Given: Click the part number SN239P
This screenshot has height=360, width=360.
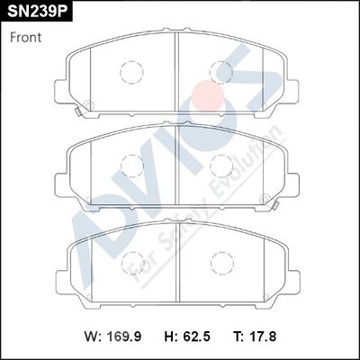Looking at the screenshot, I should pos(37,12).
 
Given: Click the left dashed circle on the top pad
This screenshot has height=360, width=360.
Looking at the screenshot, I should pos(131,71).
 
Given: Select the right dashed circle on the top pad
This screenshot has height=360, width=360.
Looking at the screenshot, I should pos(220,71).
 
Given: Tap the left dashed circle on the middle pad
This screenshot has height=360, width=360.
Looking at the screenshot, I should pos(131,163).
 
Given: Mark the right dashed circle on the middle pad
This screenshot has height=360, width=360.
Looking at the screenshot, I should pos(220,163).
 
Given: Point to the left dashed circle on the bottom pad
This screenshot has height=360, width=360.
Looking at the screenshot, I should pos(131,260).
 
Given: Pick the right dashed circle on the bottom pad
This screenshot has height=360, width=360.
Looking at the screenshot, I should pos(220,260).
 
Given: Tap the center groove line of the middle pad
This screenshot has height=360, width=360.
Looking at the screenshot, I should pos(176,162).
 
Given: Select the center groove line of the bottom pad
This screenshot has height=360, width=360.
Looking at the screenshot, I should pos(176,261).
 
